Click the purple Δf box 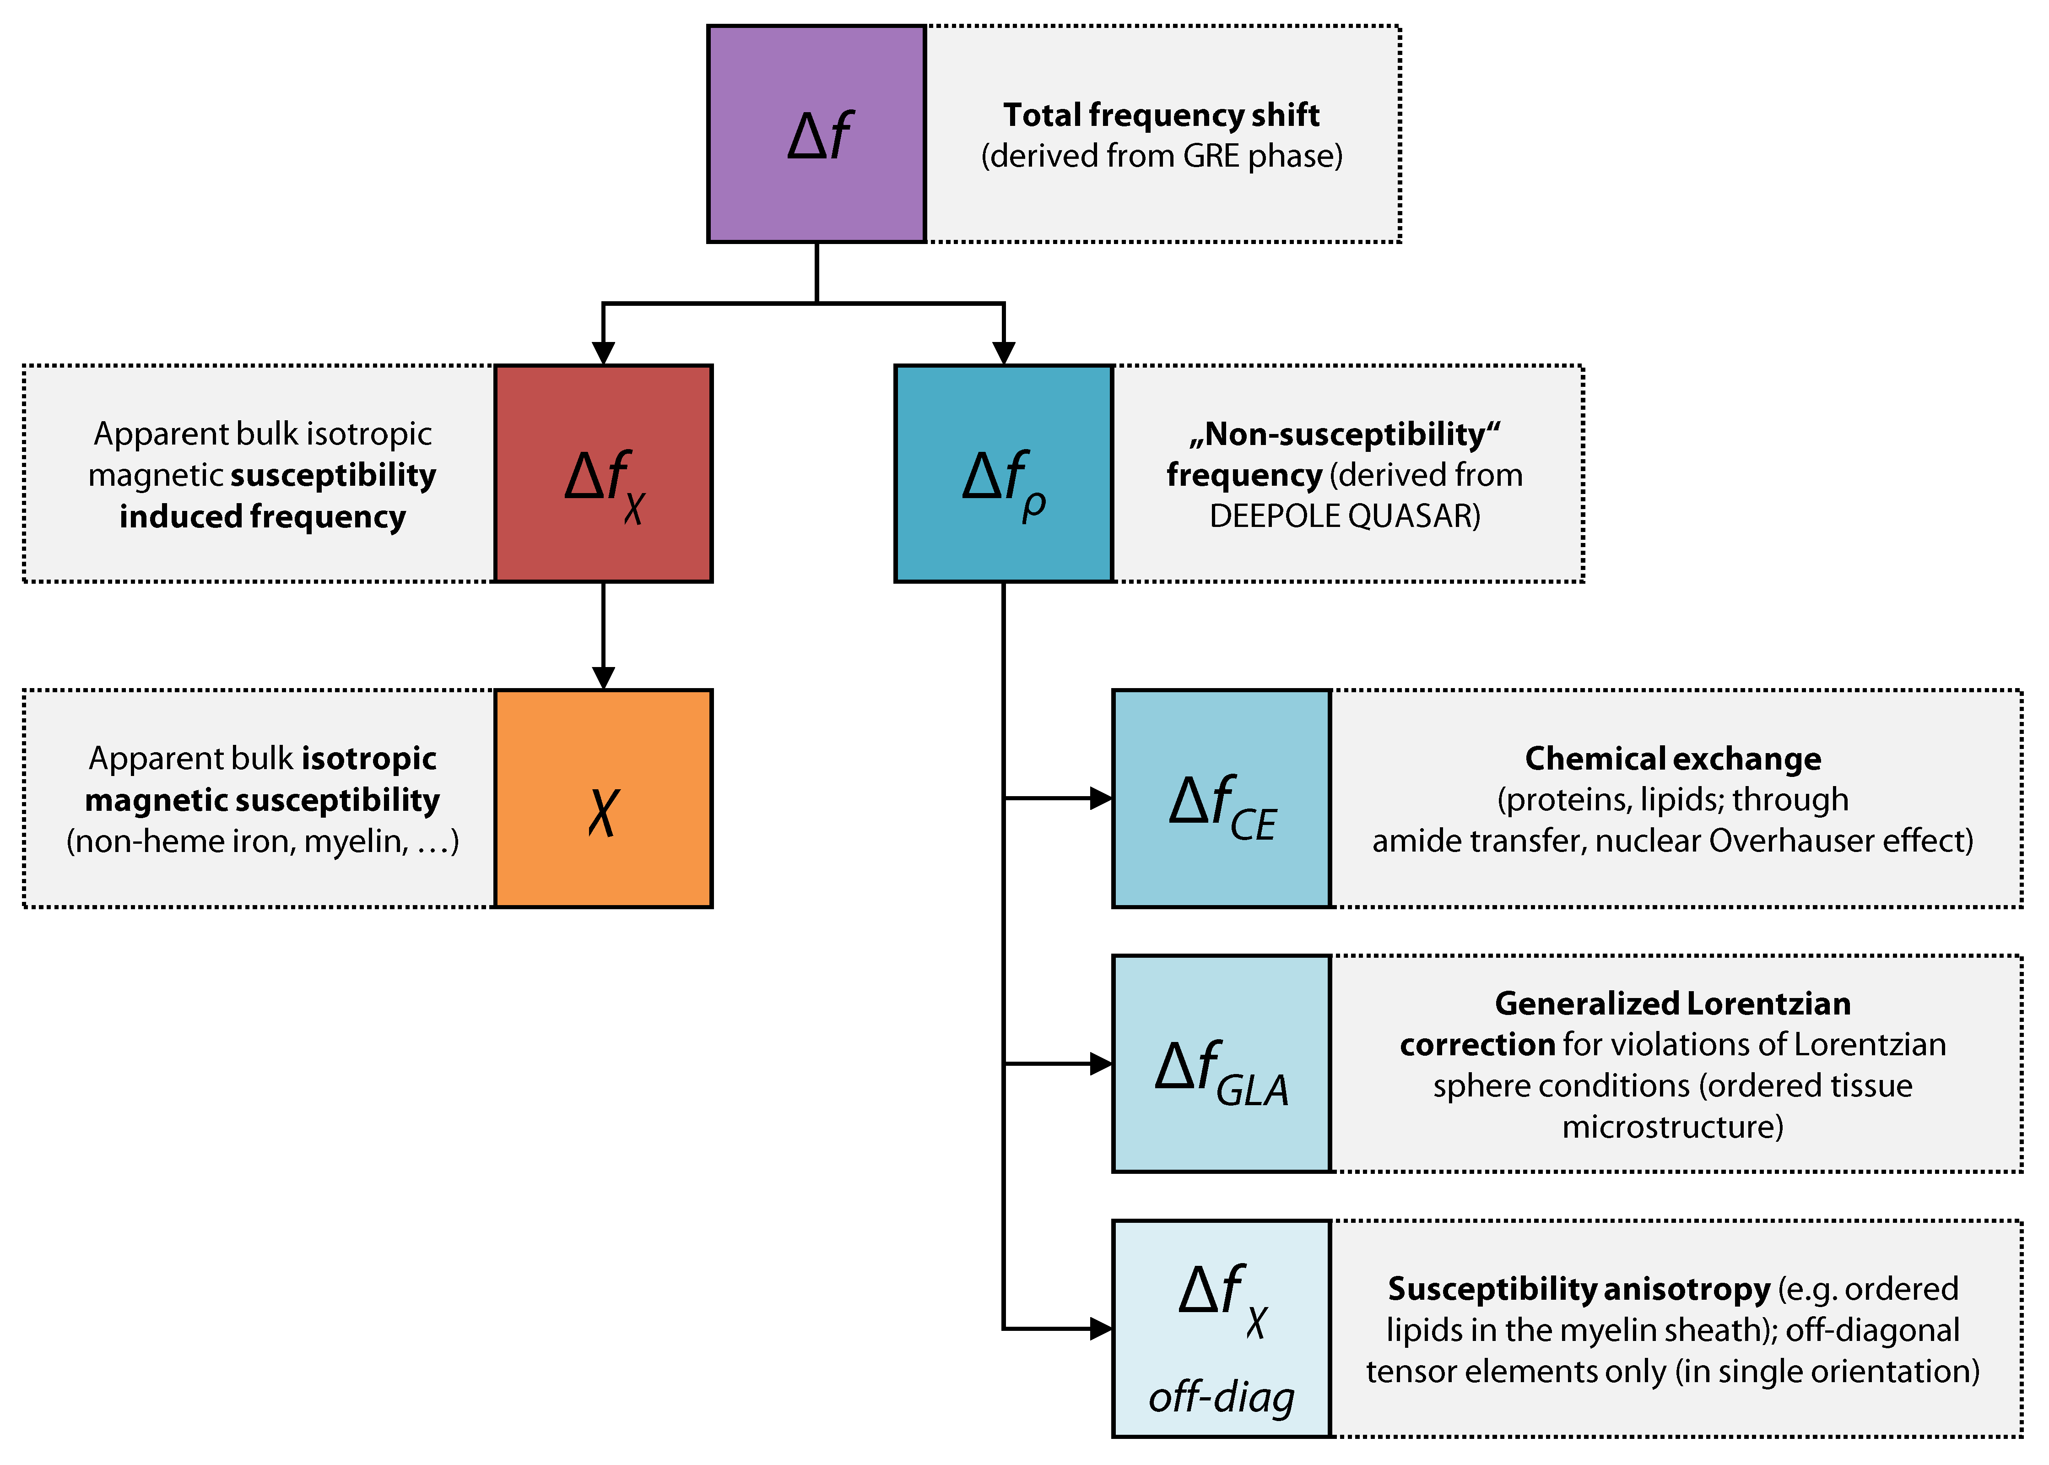816,134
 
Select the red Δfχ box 603,473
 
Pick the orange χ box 603,798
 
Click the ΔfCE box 1221,798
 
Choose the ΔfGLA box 1221,1063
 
